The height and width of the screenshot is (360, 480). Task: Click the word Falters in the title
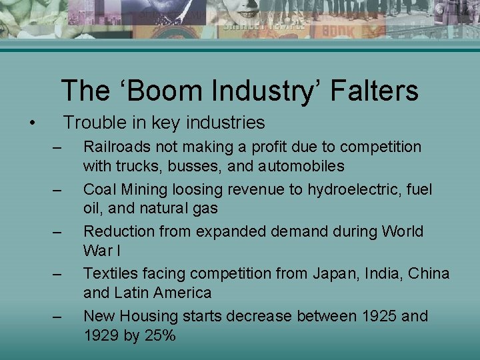(377, 91)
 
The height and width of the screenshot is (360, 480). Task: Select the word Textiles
(109, 273)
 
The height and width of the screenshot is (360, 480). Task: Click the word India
(385, 273)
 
